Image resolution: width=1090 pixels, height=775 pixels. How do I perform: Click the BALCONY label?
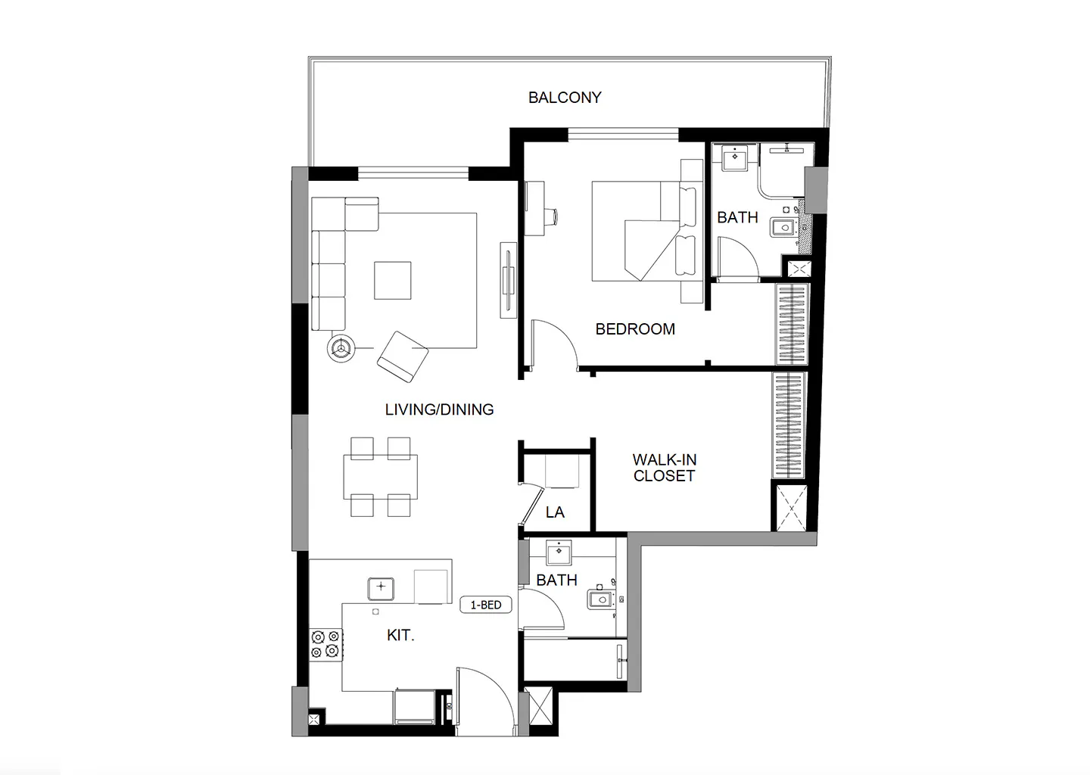[565, 98]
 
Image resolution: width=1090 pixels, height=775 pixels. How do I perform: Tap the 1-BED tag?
[486, 605]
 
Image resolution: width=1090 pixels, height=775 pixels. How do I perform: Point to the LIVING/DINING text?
[439, 409]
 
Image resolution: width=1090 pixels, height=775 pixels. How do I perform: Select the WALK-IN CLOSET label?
[665, 468]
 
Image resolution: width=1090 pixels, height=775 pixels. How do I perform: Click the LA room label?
[555, 512]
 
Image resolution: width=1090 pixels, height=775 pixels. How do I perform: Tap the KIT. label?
[400, 635]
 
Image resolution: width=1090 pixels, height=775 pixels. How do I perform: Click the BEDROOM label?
[635, 329]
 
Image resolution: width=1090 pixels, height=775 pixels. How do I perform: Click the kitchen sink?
[381, 588]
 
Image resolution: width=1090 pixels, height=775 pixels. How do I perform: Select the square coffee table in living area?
[392, 280]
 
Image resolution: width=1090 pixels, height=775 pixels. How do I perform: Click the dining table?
[380, 477]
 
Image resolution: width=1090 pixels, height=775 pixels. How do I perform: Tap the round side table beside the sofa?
[341, 348]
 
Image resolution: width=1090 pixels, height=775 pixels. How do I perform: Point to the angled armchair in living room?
[403, 356]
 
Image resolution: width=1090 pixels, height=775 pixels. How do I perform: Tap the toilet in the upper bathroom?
[783, 226]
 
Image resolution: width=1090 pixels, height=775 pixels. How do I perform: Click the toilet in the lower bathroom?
[601, 599]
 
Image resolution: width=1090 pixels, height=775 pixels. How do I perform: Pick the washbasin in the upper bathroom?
[734, 157]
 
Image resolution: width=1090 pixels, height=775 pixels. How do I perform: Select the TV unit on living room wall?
[509, 280]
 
